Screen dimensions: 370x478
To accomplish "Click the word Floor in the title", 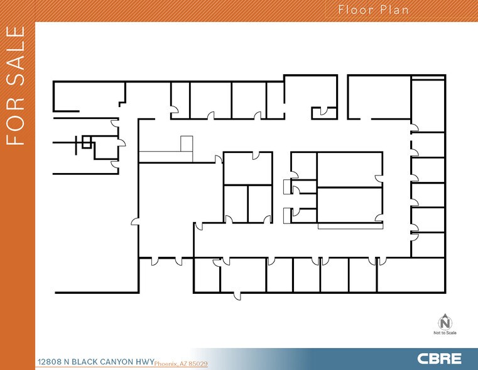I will coord(353,9).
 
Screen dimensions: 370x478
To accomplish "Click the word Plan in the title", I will coord(393,9).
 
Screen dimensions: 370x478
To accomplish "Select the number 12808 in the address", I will coord(50,362).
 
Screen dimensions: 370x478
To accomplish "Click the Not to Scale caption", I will coord(445,332).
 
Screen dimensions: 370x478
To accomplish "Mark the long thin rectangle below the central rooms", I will coord(350,225).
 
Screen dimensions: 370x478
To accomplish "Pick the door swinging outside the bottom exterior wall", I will coord(236,296).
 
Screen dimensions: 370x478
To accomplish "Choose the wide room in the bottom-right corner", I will coord(411,277).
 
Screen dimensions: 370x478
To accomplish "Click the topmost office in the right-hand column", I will coord(428,104).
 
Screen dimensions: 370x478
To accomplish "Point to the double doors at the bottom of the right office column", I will coord(415,233).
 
